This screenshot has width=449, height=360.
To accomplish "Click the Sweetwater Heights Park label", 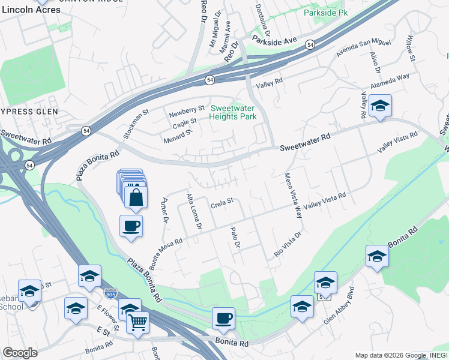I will coord(233,112).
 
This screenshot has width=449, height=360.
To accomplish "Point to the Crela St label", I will coord(221,205).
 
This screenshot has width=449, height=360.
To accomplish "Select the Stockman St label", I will coord(136,124).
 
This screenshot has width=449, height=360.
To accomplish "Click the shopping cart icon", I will coord(138,323).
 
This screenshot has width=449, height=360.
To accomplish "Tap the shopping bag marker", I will coord(136,196).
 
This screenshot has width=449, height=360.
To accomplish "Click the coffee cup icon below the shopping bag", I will coord(131,226).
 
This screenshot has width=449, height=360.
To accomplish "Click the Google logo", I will coord(20,353).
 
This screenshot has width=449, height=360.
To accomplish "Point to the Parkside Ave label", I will coord(274,41).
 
